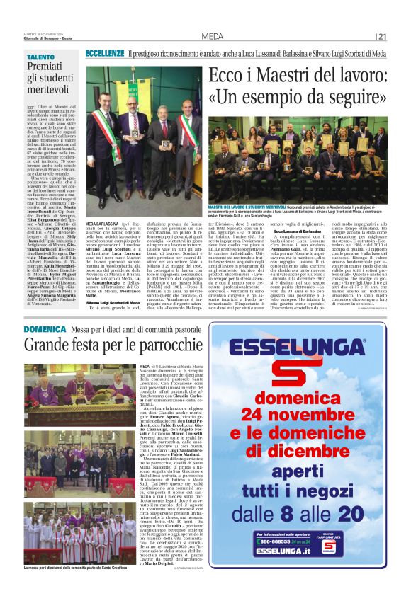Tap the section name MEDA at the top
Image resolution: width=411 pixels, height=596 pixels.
[x=212, y=37]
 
